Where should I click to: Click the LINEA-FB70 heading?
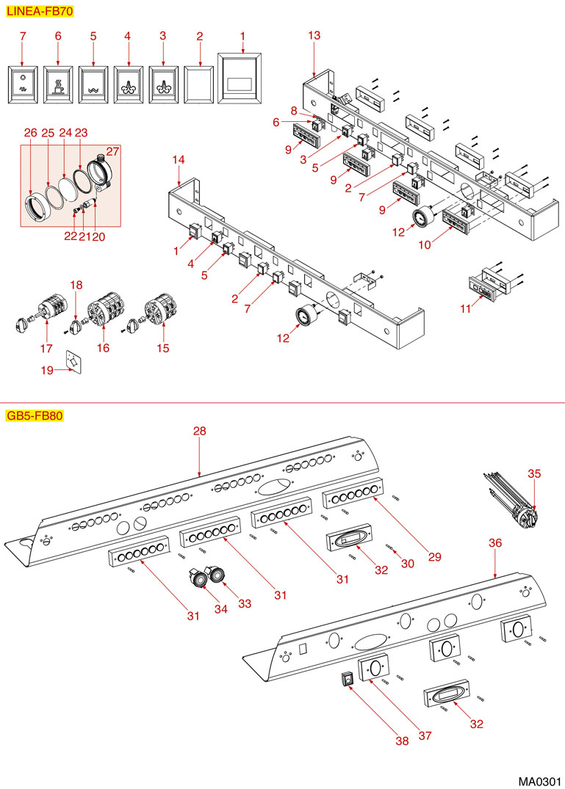[40, 12]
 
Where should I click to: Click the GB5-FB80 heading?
[35, 416]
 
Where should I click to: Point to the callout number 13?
[314, 35]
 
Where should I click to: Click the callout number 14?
[179, 159]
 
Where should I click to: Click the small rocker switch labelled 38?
[346, 680]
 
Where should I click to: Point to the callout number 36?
[495, 542]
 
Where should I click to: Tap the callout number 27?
[113, 152]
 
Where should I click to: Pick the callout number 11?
[464, 309]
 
